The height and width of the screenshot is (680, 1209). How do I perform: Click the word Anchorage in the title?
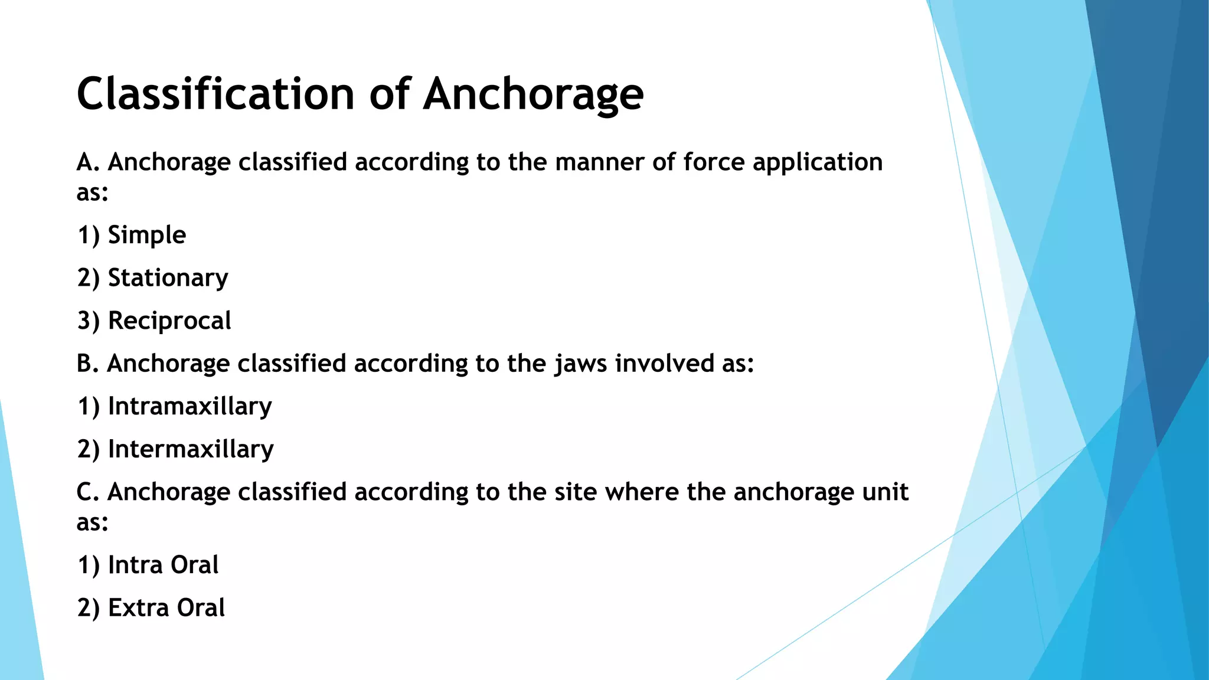point(533,94)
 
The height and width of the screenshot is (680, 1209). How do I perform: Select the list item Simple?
point(147,235)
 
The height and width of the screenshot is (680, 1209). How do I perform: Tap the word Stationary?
point(168,278)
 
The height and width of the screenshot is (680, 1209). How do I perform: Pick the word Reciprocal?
point(169,321)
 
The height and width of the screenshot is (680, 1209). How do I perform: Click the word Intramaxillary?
point(189,407)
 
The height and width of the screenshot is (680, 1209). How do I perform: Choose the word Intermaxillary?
point(191,450)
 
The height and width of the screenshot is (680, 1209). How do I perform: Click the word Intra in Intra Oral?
point(135,565)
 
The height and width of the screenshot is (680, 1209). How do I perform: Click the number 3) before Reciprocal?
point(89,321)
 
